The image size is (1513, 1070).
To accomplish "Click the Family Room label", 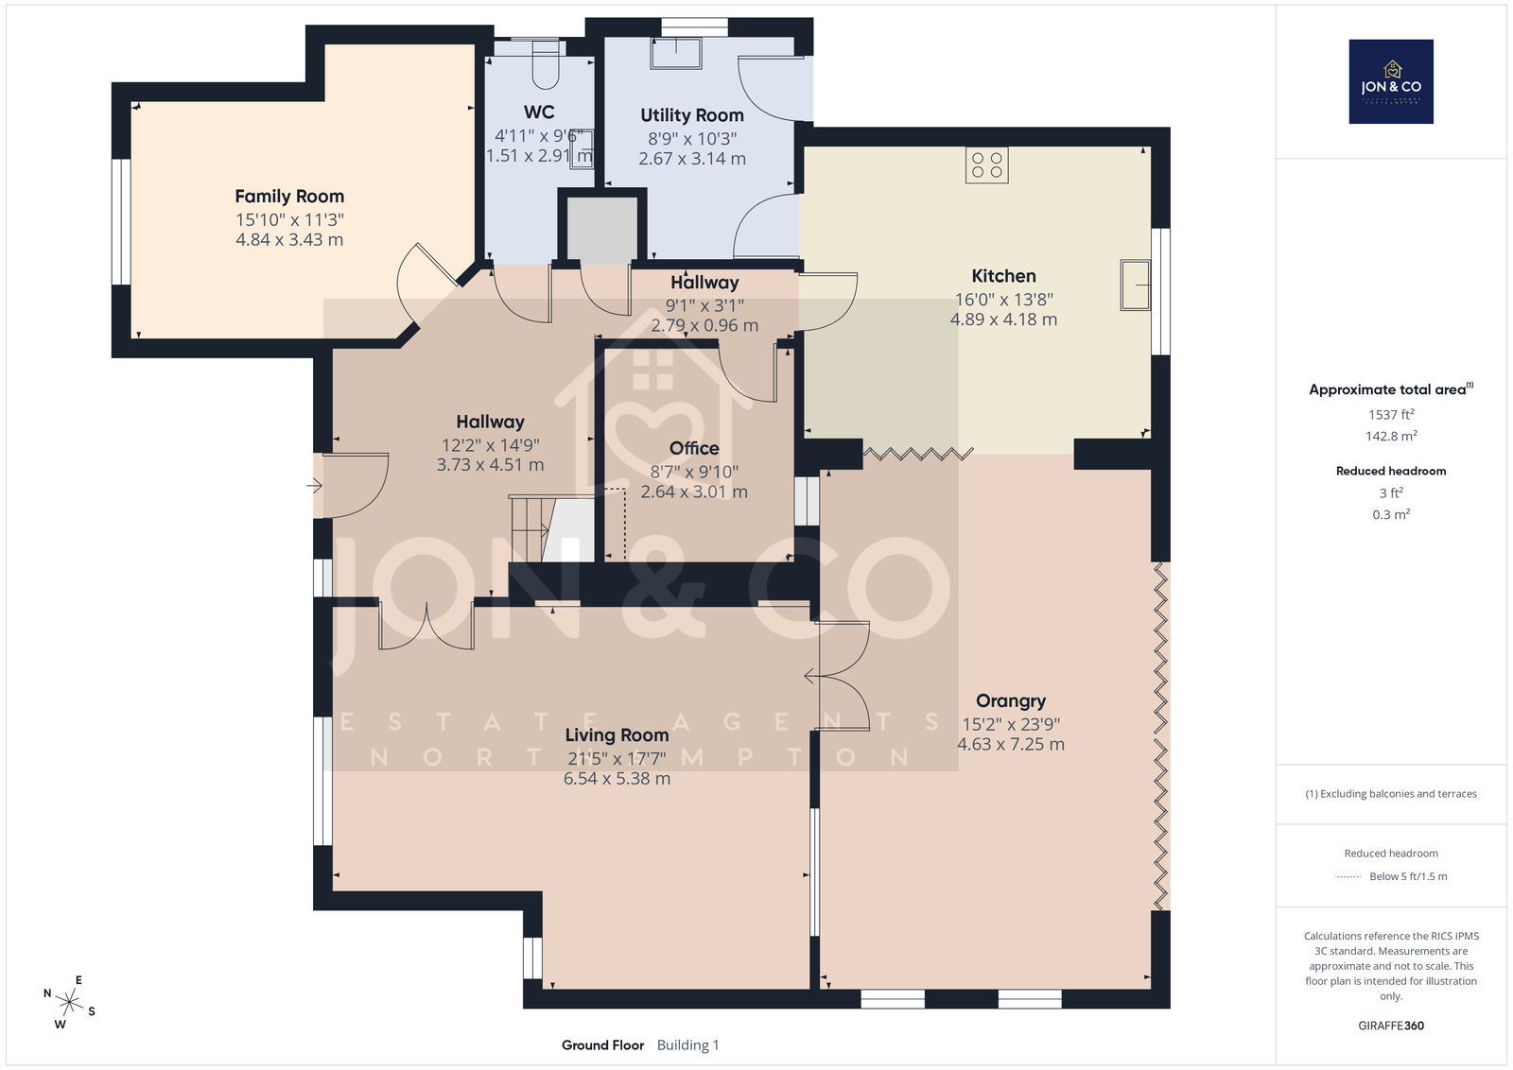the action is [x=289, y=197].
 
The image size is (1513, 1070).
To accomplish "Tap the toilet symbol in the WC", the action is [x=547, y=65].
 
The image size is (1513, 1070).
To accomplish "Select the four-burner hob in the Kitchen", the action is [x=987, y=165].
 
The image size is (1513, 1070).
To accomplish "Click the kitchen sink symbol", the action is [x=1136, y=285].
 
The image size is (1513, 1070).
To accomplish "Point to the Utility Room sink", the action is [x=675, y=53].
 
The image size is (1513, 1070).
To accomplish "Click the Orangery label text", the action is [x=1011, y=701].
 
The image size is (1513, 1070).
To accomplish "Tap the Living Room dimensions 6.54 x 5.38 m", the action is [x=617, y=778].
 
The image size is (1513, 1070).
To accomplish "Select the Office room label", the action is [x=694, y=448].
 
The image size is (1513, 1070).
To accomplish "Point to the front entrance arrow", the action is [x=314, y=486].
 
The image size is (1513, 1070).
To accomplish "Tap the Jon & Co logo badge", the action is [x=1391, y=81].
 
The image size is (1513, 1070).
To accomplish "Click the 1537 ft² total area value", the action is [x=1391, y=415].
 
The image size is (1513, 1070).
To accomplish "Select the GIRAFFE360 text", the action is [x=1391, y=1026].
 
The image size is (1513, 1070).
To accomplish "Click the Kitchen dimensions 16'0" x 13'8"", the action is [x=1003, y=299].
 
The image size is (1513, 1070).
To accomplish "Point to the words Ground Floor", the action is [x=602, y=1045].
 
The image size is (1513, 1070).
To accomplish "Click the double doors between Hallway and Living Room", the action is [x=426, y=627].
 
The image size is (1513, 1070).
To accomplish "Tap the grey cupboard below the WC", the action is [x=601, y=230].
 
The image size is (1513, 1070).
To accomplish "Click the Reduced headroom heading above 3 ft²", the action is [x=1391, y=472].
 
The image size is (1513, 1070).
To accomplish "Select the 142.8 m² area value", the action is [x=1391, y=436].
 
